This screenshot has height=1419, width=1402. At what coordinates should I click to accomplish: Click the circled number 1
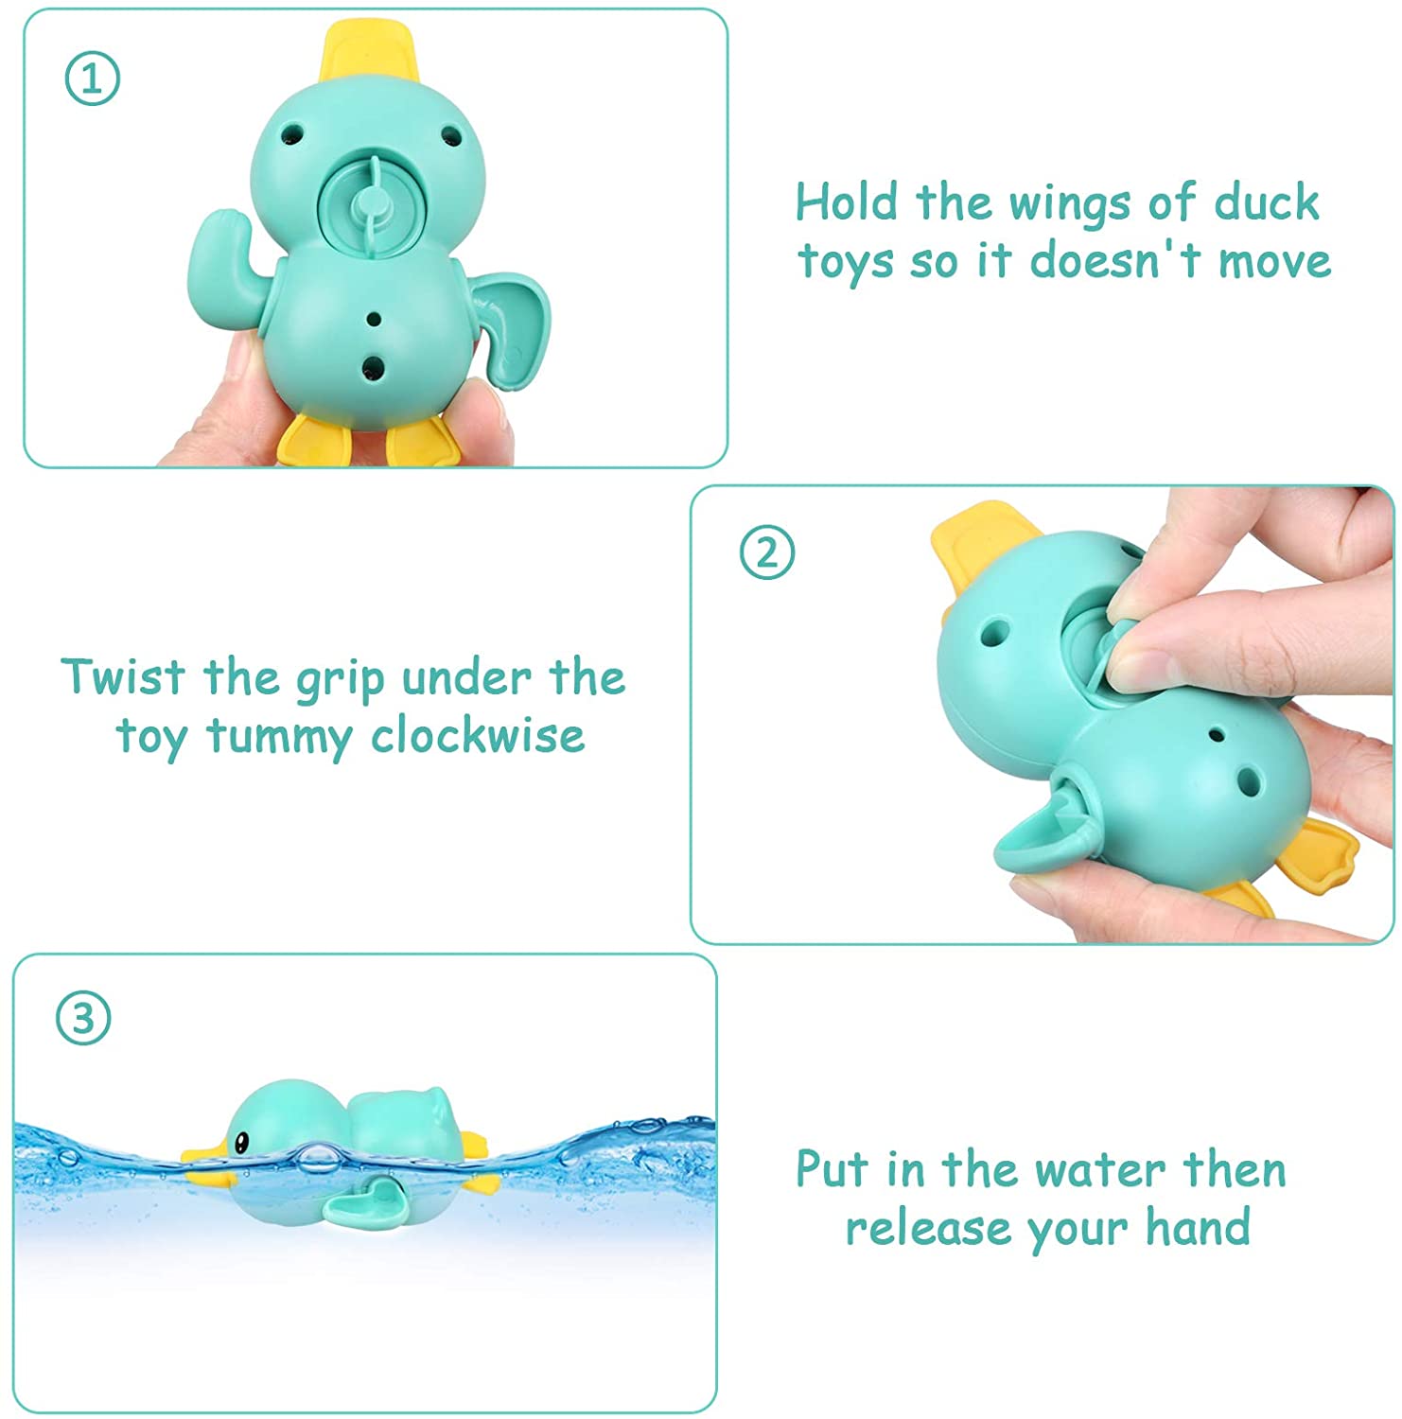93,79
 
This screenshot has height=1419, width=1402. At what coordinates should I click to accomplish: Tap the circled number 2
766,552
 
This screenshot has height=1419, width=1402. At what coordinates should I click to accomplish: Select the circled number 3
83,1019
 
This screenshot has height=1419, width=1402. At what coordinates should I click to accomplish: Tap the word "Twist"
123,676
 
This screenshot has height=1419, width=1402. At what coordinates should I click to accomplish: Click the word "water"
1101,1171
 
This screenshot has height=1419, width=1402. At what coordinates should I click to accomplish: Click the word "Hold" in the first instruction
847,201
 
